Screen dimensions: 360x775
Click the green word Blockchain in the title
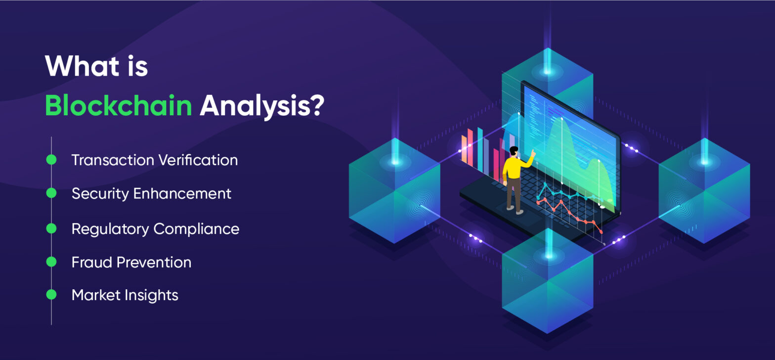118,105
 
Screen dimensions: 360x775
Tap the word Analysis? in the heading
261,105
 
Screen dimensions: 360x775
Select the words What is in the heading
96,65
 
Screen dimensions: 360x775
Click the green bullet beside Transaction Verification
51,160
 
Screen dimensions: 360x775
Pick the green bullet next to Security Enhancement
51,193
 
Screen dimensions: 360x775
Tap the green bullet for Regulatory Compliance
51,228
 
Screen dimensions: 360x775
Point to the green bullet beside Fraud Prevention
51,262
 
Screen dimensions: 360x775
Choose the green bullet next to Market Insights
51,295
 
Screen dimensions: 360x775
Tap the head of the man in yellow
514,151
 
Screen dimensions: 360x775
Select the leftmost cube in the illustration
394,193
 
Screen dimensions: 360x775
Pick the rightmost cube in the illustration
704,193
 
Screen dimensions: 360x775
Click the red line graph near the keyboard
568,210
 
